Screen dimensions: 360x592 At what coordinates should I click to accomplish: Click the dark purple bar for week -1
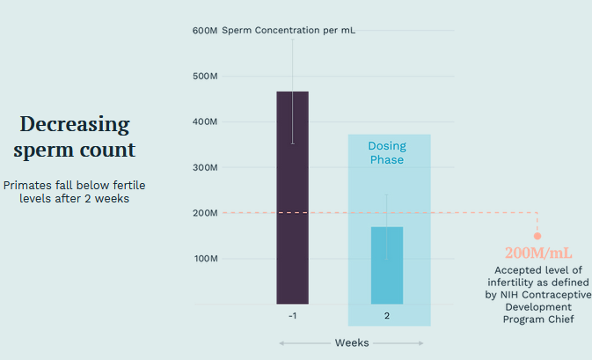(x=292, y=197)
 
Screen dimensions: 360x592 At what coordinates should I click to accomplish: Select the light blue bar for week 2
(x=387, y=265)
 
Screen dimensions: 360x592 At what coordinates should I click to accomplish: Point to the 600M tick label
(x=205, y=31)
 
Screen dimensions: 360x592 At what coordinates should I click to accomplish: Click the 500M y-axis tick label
(x=205, y=77)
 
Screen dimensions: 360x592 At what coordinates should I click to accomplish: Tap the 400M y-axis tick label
(x=205, y=121)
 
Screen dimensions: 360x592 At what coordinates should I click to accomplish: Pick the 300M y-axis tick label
(x=205, y=167)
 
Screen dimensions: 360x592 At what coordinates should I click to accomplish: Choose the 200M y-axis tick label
(x=205, y=213)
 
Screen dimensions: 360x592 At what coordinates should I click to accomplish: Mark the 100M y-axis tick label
(x=205, y=259)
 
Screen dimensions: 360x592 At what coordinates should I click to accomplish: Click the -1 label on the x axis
(x=292, y=316)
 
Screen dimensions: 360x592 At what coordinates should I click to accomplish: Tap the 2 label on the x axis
(x=387, y=316)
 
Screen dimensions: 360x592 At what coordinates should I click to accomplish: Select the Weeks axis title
(x=351, y=342)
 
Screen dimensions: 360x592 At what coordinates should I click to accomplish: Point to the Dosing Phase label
(x=387, y=152)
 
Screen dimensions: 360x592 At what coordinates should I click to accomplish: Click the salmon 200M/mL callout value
(x=537, y=253)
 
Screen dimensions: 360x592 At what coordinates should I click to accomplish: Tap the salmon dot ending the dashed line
(x=537, y=236)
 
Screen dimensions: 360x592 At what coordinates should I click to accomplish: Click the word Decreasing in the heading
(x=75, y=124)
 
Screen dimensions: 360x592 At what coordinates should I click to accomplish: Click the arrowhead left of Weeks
(x=281, y=342)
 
